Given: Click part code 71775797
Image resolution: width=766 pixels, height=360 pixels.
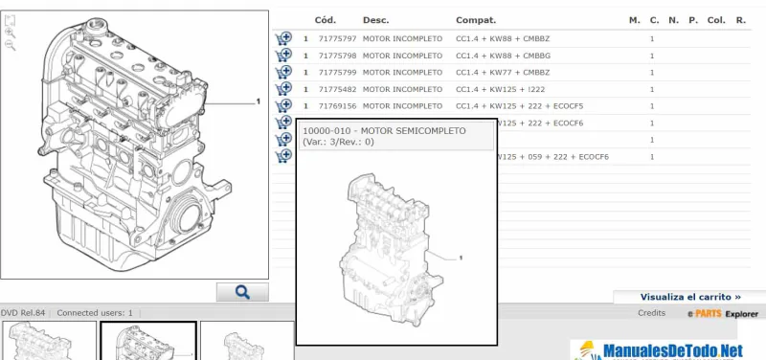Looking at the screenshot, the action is tap(338, 38).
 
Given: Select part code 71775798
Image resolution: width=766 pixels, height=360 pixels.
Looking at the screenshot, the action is tap(338, 56).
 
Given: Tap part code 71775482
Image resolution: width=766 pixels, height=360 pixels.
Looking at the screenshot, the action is tap(338, 89).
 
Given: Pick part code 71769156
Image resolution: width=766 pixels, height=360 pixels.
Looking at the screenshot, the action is tap(338, 106).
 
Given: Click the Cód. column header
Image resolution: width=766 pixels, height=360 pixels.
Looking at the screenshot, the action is tap(326, 20).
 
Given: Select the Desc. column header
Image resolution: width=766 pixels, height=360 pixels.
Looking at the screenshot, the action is tap(375, 20).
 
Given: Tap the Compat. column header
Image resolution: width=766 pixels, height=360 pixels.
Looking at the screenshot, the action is tap(476, 20).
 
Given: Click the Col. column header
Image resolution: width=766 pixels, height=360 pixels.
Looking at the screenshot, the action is tap(716, 20).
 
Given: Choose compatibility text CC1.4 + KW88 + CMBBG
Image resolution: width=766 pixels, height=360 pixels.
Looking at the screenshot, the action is tap(504, 56).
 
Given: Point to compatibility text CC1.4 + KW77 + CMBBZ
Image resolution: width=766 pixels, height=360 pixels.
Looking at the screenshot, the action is tap(503, 73).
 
